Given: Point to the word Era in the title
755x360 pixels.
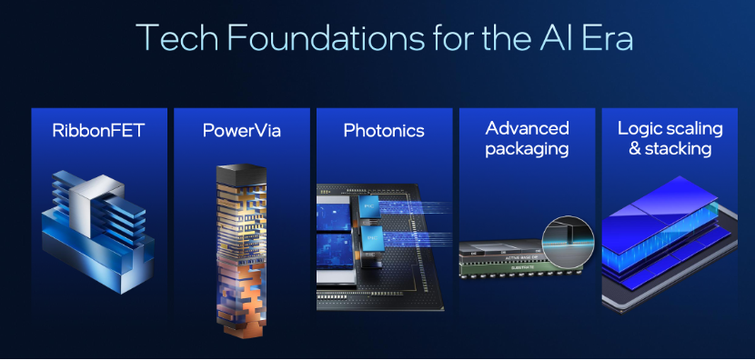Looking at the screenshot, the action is pos(608,36).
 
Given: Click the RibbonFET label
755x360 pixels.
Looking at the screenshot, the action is pos(99,130).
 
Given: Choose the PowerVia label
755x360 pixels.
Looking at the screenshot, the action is pos(241,130).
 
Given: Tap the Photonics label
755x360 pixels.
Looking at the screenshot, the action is pos(384,130).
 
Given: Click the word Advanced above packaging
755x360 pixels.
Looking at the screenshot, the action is pos(527,128).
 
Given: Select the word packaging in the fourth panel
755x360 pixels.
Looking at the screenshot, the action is pos(527,149).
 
